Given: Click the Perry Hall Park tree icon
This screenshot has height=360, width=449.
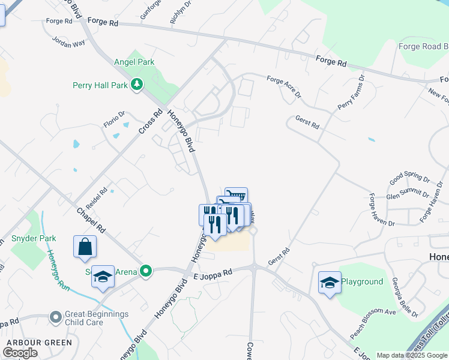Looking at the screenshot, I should [138, 85].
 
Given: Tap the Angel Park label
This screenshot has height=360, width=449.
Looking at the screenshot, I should [134, 62].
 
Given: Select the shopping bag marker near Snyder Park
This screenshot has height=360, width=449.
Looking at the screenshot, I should [85, 247].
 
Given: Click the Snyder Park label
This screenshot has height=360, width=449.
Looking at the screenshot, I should [34, 238].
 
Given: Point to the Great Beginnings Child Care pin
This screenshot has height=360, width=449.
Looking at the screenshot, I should [56, 316].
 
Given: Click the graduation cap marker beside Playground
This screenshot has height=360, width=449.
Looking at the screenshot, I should [330, 282].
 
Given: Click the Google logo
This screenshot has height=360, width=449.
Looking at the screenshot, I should [20, 353].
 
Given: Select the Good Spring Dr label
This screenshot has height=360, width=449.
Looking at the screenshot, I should [409, 179].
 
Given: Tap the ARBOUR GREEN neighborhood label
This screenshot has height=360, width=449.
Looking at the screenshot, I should [39, 343].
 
